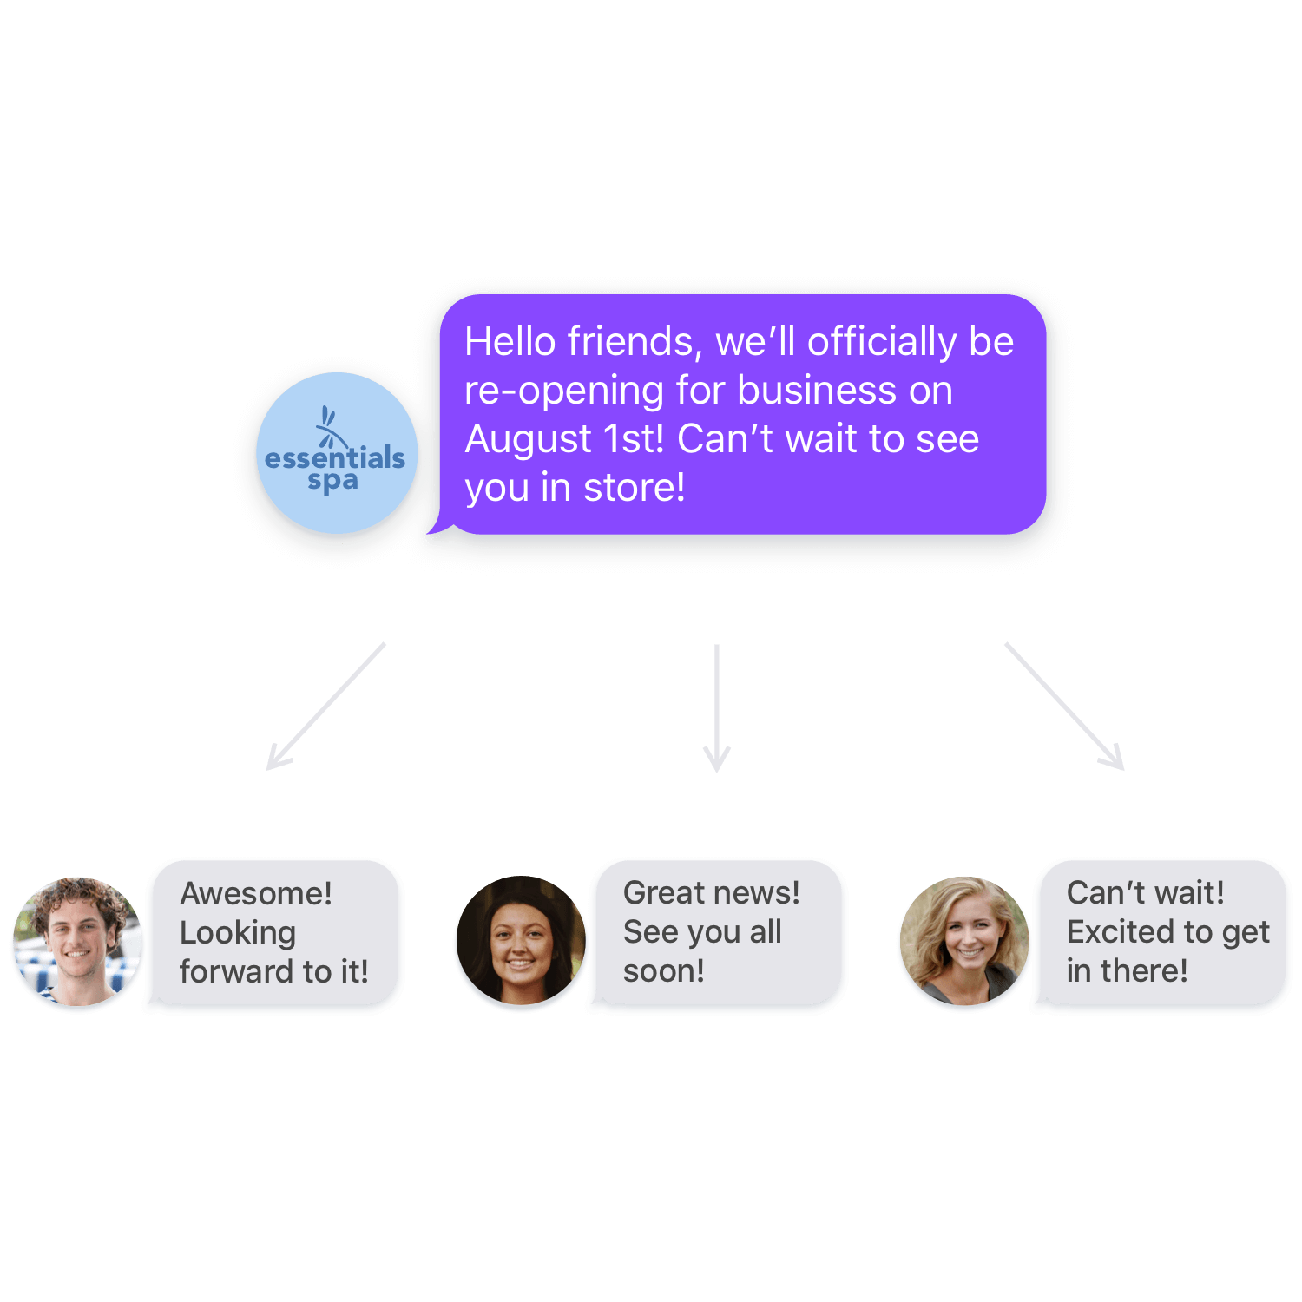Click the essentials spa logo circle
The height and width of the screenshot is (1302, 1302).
334,456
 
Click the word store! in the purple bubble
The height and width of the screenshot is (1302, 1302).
634,488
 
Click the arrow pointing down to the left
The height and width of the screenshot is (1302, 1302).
325,707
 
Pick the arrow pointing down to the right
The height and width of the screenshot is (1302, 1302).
1064,707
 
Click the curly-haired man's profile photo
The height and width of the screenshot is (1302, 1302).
77,944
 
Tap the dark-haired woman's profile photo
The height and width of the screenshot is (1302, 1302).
521,944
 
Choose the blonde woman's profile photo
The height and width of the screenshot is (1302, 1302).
964,944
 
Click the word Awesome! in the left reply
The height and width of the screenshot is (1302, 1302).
256,894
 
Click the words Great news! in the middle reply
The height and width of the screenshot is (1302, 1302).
711,893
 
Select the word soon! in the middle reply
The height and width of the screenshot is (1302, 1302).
664,971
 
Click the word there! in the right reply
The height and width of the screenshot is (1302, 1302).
1144,971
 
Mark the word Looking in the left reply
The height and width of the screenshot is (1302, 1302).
238,933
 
